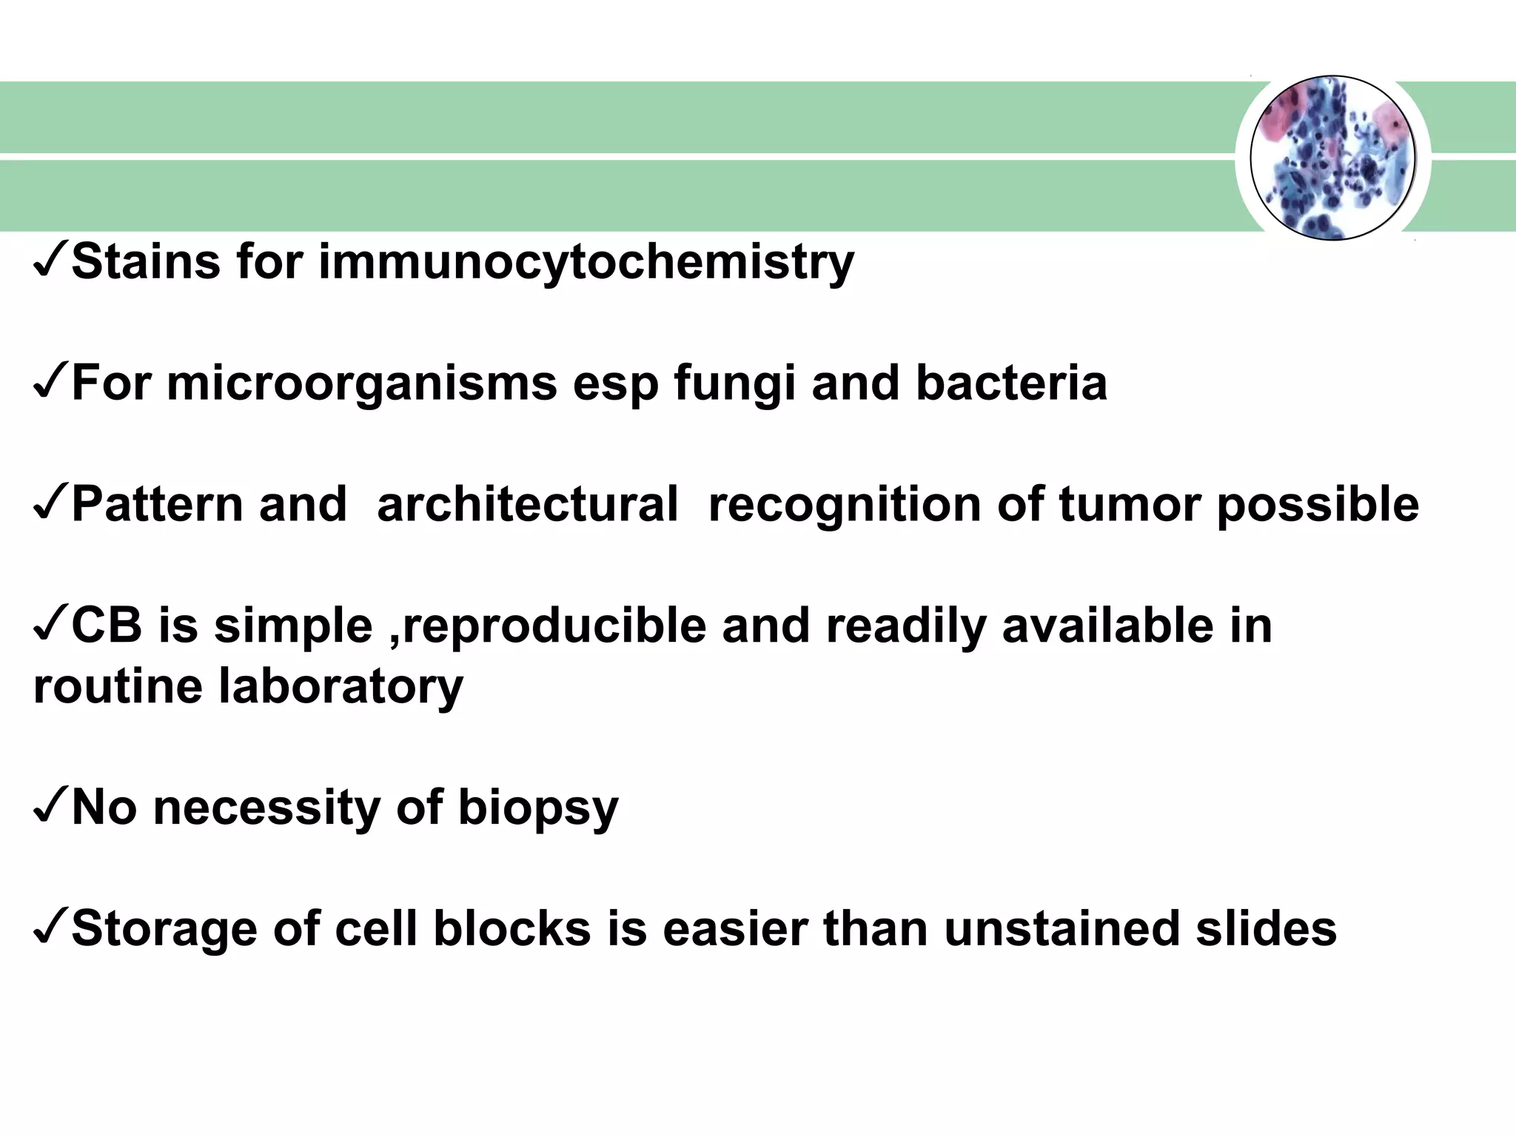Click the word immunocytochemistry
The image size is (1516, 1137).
point(586,264)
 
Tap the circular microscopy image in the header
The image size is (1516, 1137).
point(1332,158)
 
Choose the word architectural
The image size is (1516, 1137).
point(527,505)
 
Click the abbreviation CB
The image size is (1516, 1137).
point(107,626)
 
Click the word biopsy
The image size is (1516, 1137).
point(538,808)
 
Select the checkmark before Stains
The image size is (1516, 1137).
point(50,264)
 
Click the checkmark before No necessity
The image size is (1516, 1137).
point(50,808)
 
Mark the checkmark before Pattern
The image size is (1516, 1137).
point(50,505)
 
